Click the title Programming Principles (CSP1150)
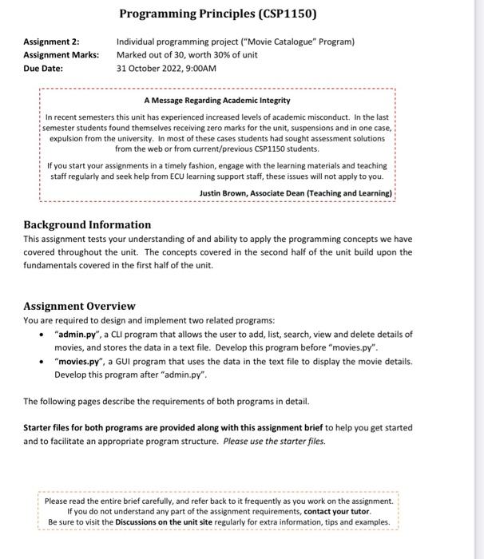pos(218,14)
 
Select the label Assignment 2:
pos(51,42)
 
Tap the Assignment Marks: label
pos(61,54)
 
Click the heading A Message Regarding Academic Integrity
pos(216,101)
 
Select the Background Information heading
pos(87,224)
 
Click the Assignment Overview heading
pos(79,306)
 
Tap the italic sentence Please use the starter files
pos(274,441)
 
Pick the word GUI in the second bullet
pos(125,362)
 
